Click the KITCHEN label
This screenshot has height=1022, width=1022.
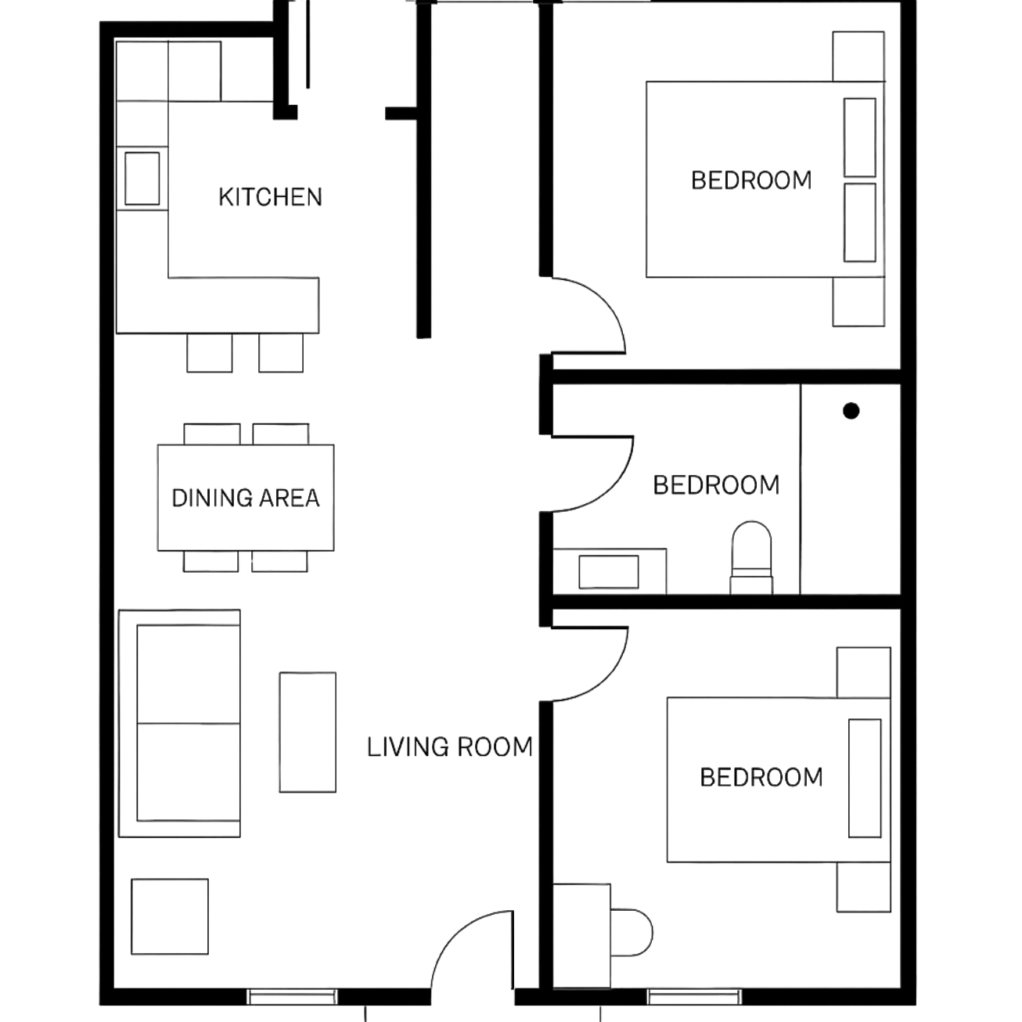coord(270,196)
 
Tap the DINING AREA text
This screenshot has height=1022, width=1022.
coord(245,498)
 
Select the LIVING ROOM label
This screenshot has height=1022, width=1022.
coord(450,747)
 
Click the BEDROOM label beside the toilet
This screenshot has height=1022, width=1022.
coord(717,485)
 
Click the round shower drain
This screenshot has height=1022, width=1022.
coord(851,410)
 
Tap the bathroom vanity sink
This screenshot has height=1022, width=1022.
coord(609,571)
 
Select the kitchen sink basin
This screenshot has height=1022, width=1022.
coord(142,178)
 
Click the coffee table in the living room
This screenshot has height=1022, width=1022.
coord(308,731)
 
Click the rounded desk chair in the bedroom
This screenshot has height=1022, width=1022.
coord(631,932)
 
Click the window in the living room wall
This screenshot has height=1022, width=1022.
coord(292,997)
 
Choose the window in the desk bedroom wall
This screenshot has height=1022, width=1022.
coord(694,997)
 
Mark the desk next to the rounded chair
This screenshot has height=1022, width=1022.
coord(582,936)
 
